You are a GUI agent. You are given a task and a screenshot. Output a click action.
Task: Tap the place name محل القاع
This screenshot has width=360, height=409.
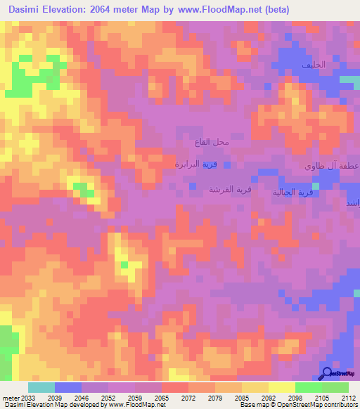212,142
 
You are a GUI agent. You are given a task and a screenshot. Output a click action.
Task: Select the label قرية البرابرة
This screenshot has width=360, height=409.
196,164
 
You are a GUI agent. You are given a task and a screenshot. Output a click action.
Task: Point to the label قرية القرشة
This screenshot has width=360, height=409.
230,190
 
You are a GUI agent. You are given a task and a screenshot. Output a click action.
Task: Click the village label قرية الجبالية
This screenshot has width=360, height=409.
292,192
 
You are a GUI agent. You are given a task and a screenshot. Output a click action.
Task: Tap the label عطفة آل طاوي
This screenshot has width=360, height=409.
332,167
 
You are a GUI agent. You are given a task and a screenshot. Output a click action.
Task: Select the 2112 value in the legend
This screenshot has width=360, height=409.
348,397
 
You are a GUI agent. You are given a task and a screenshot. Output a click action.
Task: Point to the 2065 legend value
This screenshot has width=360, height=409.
162,397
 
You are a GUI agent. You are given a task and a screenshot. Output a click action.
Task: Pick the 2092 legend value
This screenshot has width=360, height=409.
269,397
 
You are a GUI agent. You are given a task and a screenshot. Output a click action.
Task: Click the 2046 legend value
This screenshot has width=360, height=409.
82,397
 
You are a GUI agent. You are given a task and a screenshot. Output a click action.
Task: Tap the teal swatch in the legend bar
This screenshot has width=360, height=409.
41,387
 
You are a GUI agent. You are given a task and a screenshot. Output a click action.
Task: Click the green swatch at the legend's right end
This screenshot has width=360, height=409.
335,387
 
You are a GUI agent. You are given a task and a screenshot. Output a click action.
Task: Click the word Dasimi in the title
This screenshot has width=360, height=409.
28,9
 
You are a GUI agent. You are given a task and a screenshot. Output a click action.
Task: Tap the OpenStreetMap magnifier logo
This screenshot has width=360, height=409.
326,373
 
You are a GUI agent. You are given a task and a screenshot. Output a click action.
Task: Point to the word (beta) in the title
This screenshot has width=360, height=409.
275,9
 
